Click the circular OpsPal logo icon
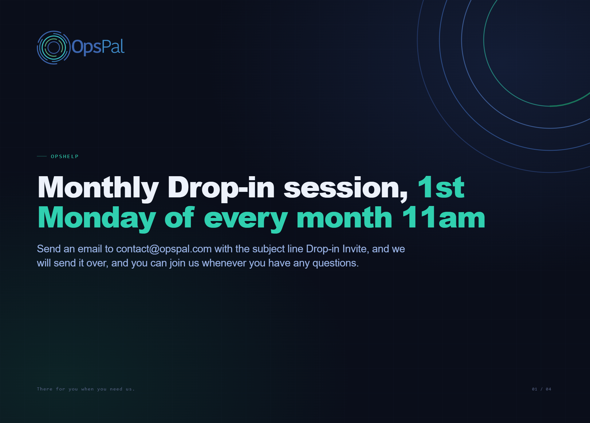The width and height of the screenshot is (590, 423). [x=54, y=48]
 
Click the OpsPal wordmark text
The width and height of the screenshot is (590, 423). [x=98, y=47]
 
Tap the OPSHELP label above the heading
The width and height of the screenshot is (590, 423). [x=65, y=157]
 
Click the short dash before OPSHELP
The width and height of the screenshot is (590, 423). [x=42, y=156]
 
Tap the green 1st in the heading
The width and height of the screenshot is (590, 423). [x=441, y=187]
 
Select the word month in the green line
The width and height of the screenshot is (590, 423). [x=344, y=217]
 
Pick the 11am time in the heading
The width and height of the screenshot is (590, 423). [x=444, y=217]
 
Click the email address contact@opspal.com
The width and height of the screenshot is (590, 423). [x=164, y=249]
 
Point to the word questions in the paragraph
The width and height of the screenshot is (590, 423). [x=336, y=263]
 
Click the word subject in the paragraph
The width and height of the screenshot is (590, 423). [x=269, y=249]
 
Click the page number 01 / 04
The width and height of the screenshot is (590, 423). [x=541, y=389]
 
